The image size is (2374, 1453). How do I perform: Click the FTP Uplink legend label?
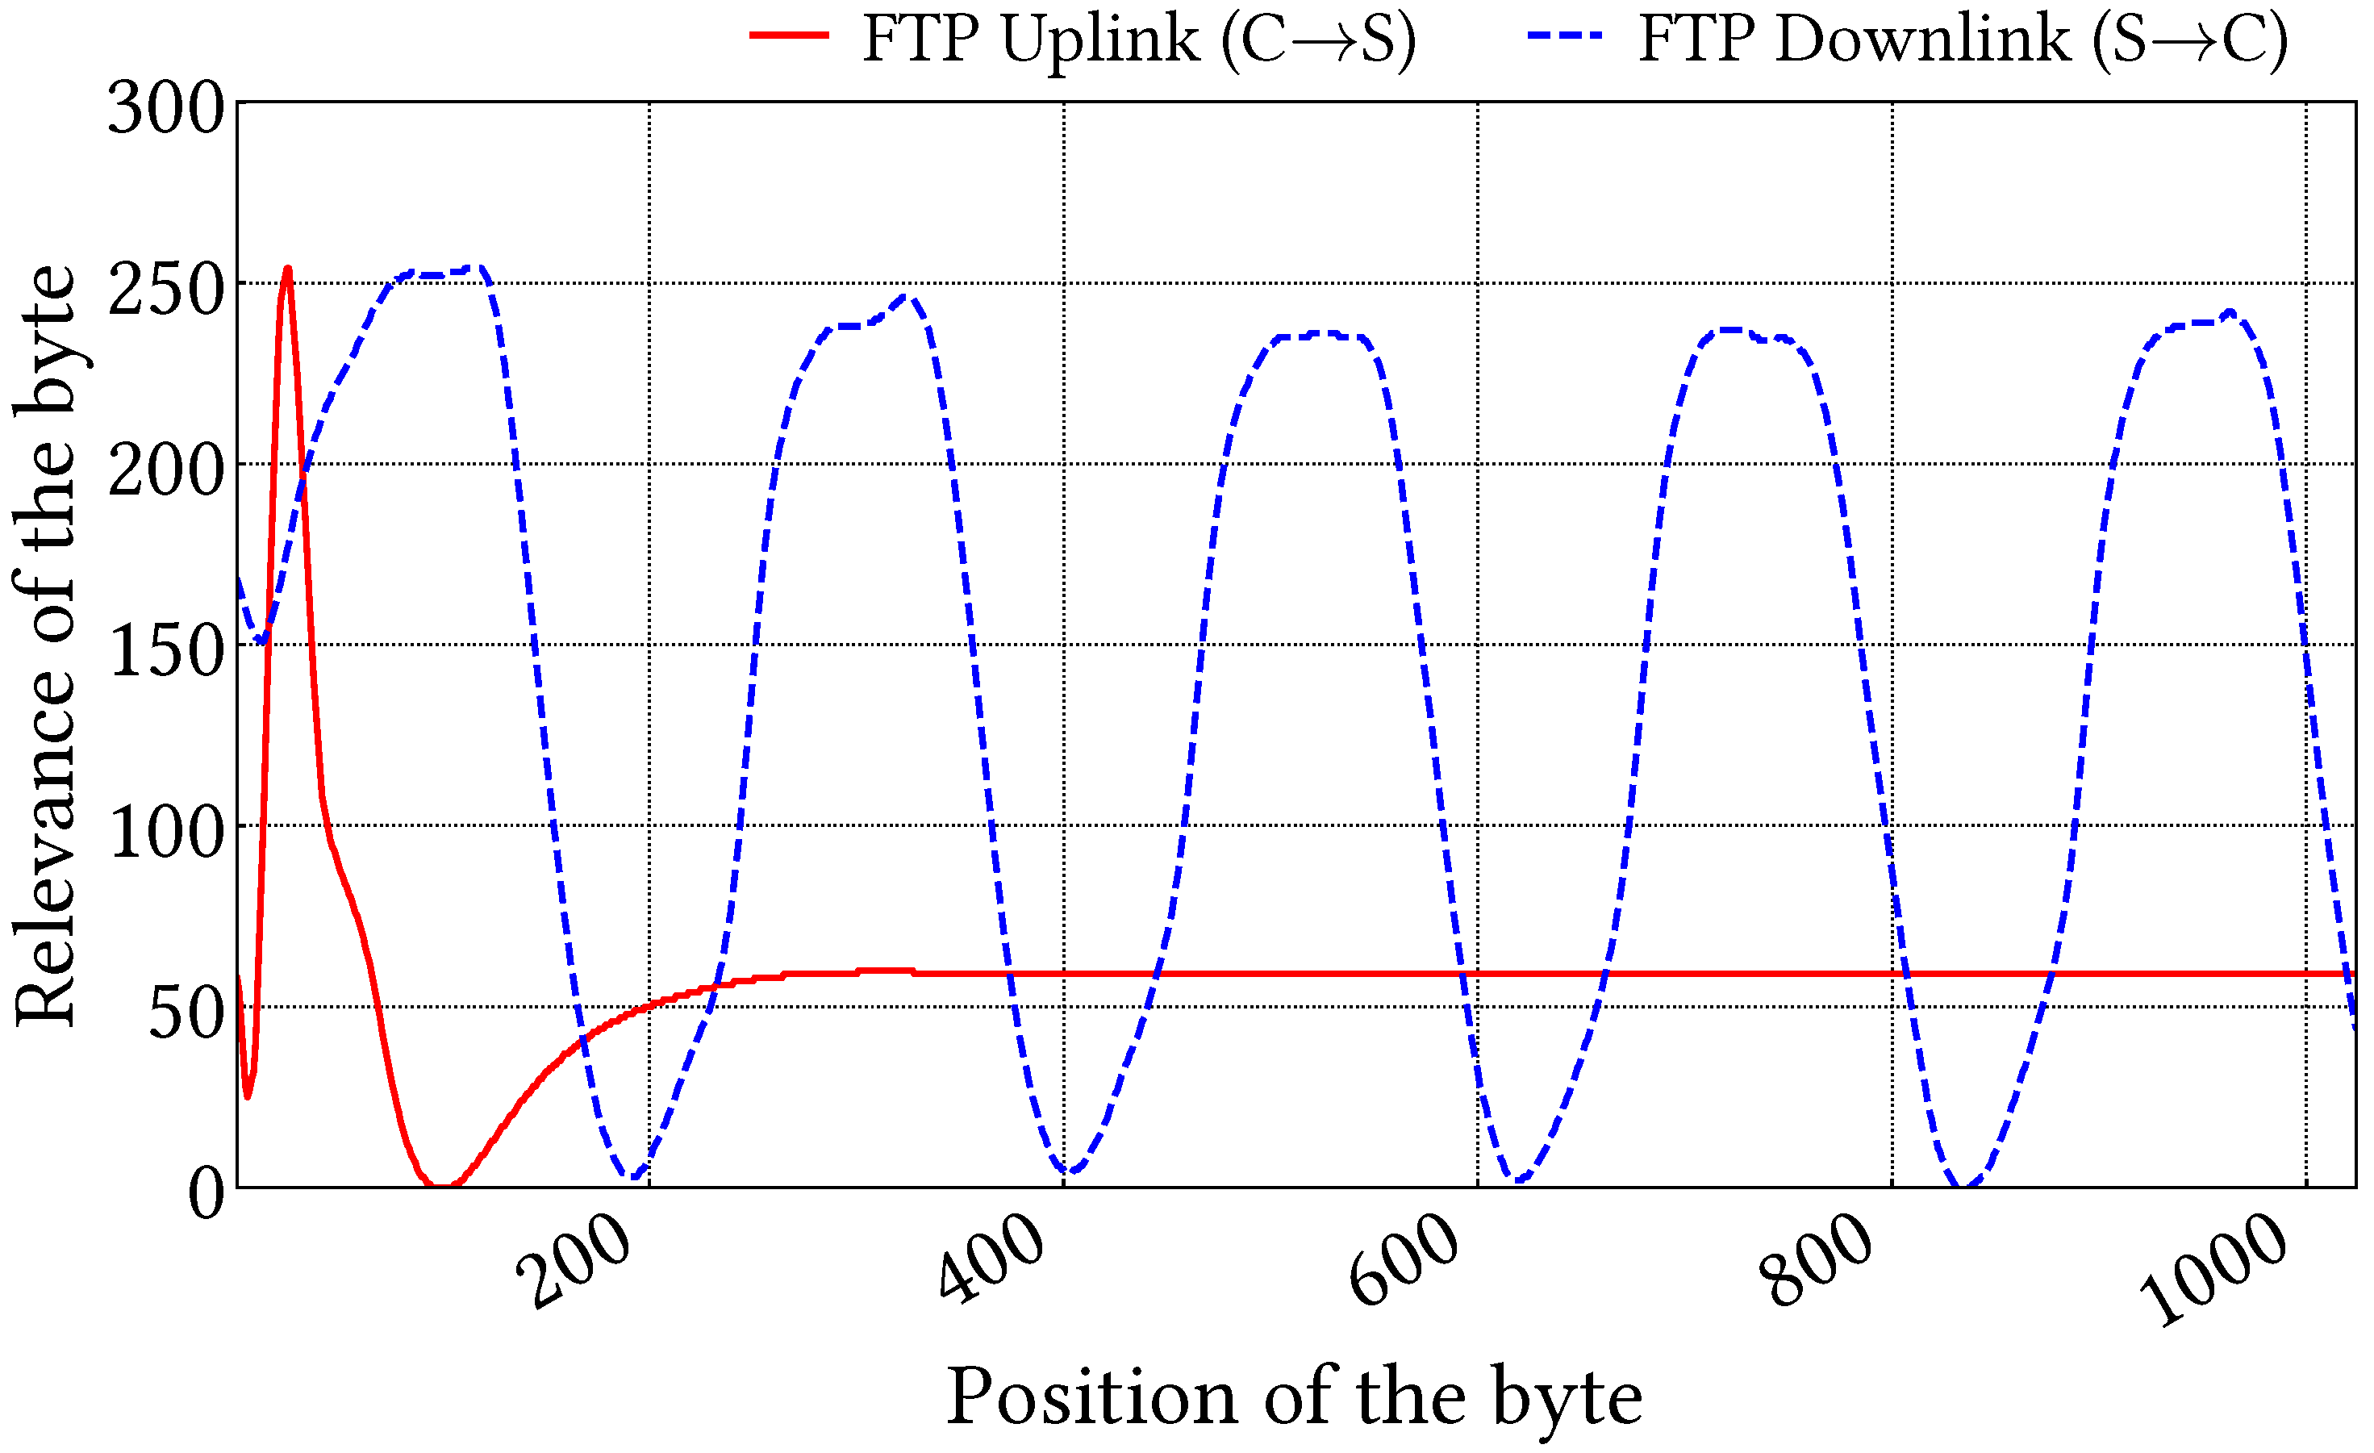tap(1139, 40)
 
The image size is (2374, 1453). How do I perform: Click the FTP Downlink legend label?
tap(1963, 40)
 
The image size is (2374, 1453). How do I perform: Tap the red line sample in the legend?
tap(789, 35)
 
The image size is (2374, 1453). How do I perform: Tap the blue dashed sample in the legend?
tap(1566, 35)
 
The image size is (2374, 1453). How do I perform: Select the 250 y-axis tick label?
tap(165, 288)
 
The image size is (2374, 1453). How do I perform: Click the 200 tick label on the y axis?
tap(165, 470)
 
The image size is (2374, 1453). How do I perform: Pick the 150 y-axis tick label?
tap(165, 650)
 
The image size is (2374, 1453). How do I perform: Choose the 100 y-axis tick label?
tap(165, 832)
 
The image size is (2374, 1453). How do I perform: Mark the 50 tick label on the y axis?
tap(186, 1013)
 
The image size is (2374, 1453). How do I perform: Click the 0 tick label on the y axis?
tap(207, 1194)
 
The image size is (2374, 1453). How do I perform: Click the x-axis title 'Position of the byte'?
tap(1294, 1397)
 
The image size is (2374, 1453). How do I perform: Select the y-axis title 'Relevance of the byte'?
tap(45, 645)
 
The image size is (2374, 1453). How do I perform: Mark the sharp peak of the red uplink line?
tap(287, 269)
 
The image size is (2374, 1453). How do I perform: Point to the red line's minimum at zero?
tap(440, 1186)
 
